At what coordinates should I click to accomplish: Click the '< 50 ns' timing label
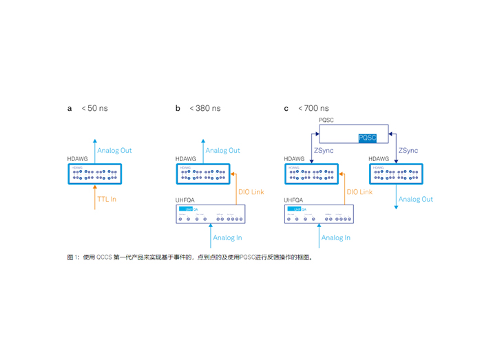click(x=95, y=108)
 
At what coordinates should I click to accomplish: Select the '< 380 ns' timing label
click(x=205, y=108)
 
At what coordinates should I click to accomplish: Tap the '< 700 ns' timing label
click(x=313, y=108)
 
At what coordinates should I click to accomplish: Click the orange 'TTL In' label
click(x=107, y=200)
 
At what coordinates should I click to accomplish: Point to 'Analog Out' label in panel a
click(x=114, y=150)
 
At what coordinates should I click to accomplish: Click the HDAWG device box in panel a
click(x=95, y=174)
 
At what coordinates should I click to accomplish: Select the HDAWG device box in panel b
click(x=203, y=174)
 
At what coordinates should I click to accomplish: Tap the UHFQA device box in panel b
click(x=211, y=214)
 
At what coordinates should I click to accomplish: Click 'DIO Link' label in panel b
click(x=251, y=192)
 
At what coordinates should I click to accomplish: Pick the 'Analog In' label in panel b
click(x=227, y=238)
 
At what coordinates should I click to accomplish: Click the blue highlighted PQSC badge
click(x=368, y=138)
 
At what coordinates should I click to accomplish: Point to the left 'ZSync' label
click(x=324, y=150)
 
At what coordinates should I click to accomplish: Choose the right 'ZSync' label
click(x=408, y=150)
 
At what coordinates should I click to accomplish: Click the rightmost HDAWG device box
click(x=397, y=174)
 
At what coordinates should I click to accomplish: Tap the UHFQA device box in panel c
click(x=319, y=214)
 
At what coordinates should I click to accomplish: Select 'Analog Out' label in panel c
click(x=416, y=200)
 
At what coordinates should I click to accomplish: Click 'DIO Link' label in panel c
click(x=359, y=192)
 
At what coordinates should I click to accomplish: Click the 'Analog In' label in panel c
click(x=336, y=238)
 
